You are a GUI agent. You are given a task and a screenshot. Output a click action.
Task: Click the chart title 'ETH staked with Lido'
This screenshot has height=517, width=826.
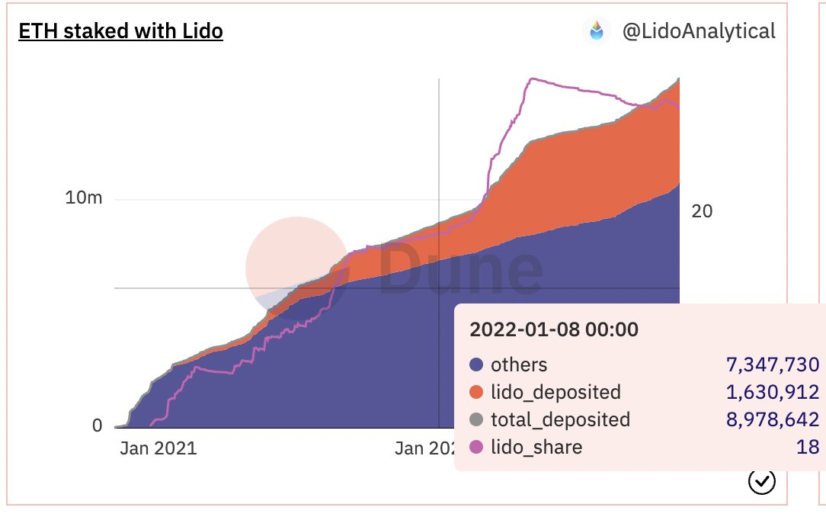coord(120,31)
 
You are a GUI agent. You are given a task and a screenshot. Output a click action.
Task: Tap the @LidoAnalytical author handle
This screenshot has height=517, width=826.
coord(699,31)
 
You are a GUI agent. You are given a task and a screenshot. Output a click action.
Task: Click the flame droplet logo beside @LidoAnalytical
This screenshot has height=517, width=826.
coord(597,31)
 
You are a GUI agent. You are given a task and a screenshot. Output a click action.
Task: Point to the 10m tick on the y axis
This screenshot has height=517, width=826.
coord(84,198)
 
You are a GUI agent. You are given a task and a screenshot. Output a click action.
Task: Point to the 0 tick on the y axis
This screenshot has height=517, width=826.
coord(97,425)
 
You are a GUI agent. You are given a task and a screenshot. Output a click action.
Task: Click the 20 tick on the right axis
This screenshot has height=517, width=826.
coord(701,211)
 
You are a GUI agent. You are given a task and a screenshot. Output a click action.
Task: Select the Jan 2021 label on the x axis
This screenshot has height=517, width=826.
coord(158,448)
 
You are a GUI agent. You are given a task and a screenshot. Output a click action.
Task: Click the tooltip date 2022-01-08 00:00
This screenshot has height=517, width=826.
coord(554,330)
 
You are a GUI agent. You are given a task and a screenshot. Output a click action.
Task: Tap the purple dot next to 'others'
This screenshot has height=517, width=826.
coord(477,365)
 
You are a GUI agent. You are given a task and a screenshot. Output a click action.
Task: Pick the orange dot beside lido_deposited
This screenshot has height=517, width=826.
coord(477,393)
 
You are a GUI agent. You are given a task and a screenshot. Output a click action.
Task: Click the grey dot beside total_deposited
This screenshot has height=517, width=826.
coord(477,420)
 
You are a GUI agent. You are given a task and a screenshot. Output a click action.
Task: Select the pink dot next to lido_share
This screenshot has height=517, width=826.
coord(477,448)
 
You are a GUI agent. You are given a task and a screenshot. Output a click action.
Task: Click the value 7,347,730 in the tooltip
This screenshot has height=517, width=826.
coord(770,365)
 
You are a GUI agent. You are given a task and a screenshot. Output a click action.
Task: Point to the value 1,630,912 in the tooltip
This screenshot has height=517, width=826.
coord(770,393)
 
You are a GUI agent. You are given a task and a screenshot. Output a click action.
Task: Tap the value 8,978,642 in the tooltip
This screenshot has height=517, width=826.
coord(770,420)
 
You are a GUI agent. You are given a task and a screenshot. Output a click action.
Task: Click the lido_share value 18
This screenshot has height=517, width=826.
coord(807,448)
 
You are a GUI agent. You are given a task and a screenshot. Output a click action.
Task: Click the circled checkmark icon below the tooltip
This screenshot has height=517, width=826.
coord(762,481)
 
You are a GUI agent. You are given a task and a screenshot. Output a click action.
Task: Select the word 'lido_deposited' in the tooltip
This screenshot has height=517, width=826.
coord(555,393)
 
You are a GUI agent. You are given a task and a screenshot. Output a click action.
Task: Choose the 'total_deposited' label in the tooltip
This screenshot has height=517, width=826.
coord(560,420)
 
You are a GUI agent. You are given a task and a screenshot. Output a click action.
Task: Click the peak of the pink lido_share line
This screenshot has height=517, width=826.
coord(533,79)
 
